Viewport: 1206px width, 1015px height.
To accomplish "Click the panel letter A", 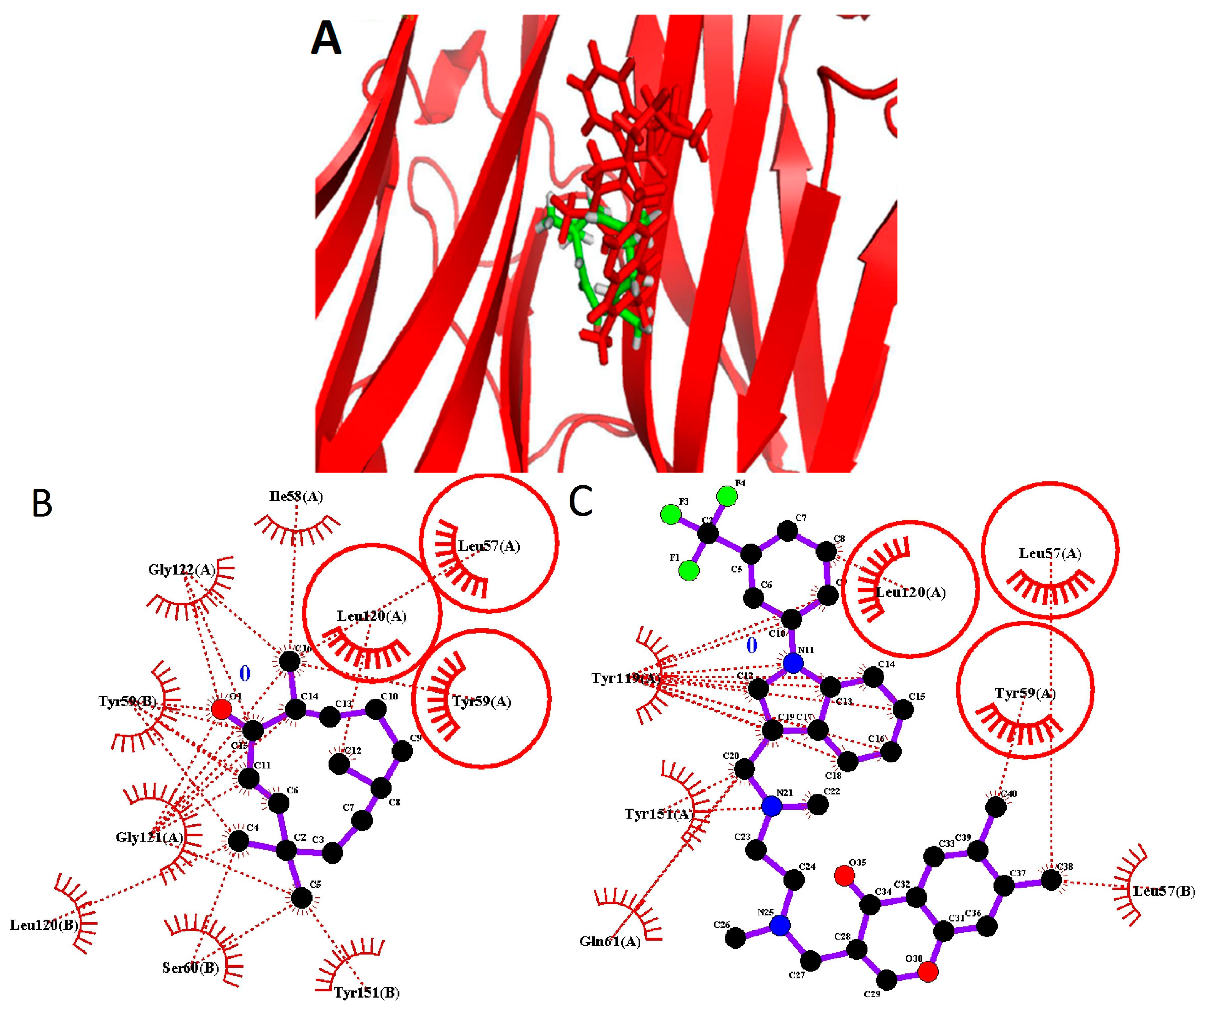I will [326, 38].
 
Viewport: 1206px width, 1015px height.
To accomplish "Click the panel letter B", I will [42, 503].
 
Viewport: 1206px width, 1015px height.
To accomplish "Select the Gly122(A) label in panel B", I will [181, 570].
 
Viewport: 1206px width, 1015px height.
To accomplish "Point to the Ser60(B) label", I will [190, 968].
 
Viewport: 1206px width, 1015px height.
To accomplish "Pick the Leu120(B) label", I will [44, 925].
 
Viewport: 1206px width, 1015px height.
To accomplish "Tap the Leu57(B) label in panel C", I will [1163, 891].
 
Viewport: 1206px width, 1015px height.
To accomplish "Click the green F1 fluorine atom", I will [689, 571].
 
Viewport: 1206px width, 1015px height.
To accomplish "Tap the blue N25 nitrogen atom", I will [780, 926].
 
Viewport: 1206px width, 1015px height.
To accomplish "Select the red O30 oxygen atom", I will [927, 972].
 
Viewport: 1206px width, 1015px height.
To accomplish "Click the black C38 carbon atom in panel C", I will [1051, 880].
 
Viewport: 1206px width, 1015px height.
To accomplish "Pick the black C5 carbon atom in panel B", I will [301, 897].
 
